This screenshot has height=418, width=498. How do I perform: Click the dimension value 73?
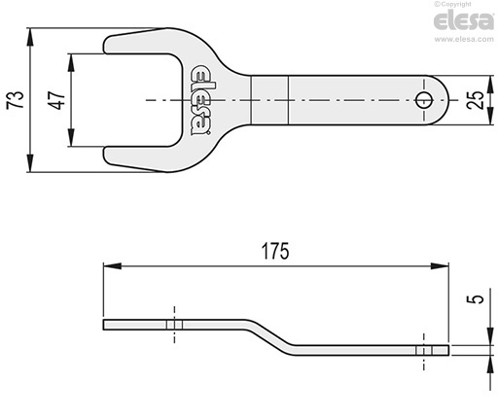16,100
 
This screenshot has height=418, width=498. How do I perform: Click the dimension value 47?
57,100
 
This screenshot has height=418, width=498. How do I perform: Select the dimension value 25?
476,100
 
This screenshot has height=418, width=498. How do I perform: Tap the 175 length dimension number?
275,251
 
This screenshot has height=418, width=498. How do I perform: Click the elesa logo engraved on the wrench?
200,100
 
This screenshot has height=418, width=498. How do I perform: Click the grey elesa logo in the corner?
463,21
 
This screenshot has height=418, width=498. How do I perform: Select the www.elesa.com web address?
464,39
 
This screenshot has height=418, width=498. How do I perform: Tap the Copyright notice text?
453,4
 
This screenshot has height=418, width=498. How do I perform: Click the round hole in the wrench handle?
424,100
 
